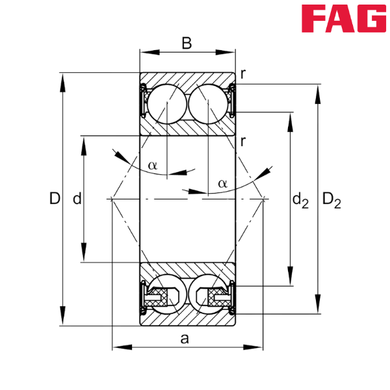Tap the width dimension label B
187,44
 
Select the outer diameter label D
54,198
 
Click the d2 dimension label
300,200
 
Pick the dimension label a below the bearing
185,338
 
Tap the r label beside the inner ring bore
242,141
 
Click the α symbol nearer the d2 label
222,183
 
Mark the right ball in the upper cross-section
208,102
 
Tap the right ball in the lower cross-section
208,296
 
